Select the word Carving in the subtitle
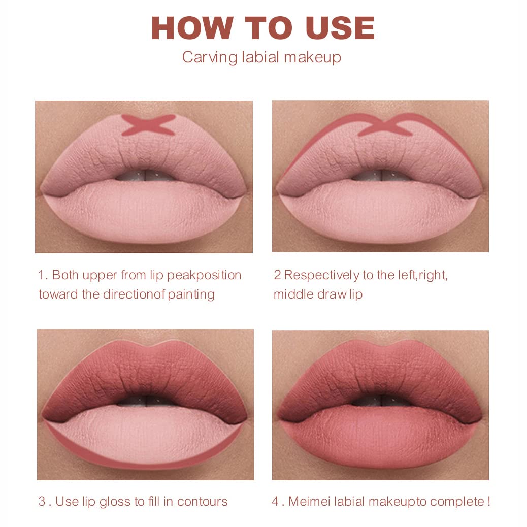tap(210, 57)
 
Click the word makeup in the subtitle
tap(312, 57)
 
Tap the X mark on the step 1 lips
tap(148, 125)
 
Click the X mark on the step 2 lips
tap(385, 125)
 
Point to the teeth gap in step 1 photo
tap(145, 175)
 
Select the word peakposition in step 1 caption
tap(204, 275)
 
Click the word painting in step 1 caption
tap(191, 294)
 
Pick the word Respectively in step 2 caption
tap(322, 275)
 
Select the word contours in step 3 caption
tap(203, 502)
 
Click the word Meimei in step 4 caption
tap(310, 502)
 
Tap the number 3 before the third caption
tap(42, 502)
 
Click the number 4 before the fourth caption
tap(275, 502)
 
